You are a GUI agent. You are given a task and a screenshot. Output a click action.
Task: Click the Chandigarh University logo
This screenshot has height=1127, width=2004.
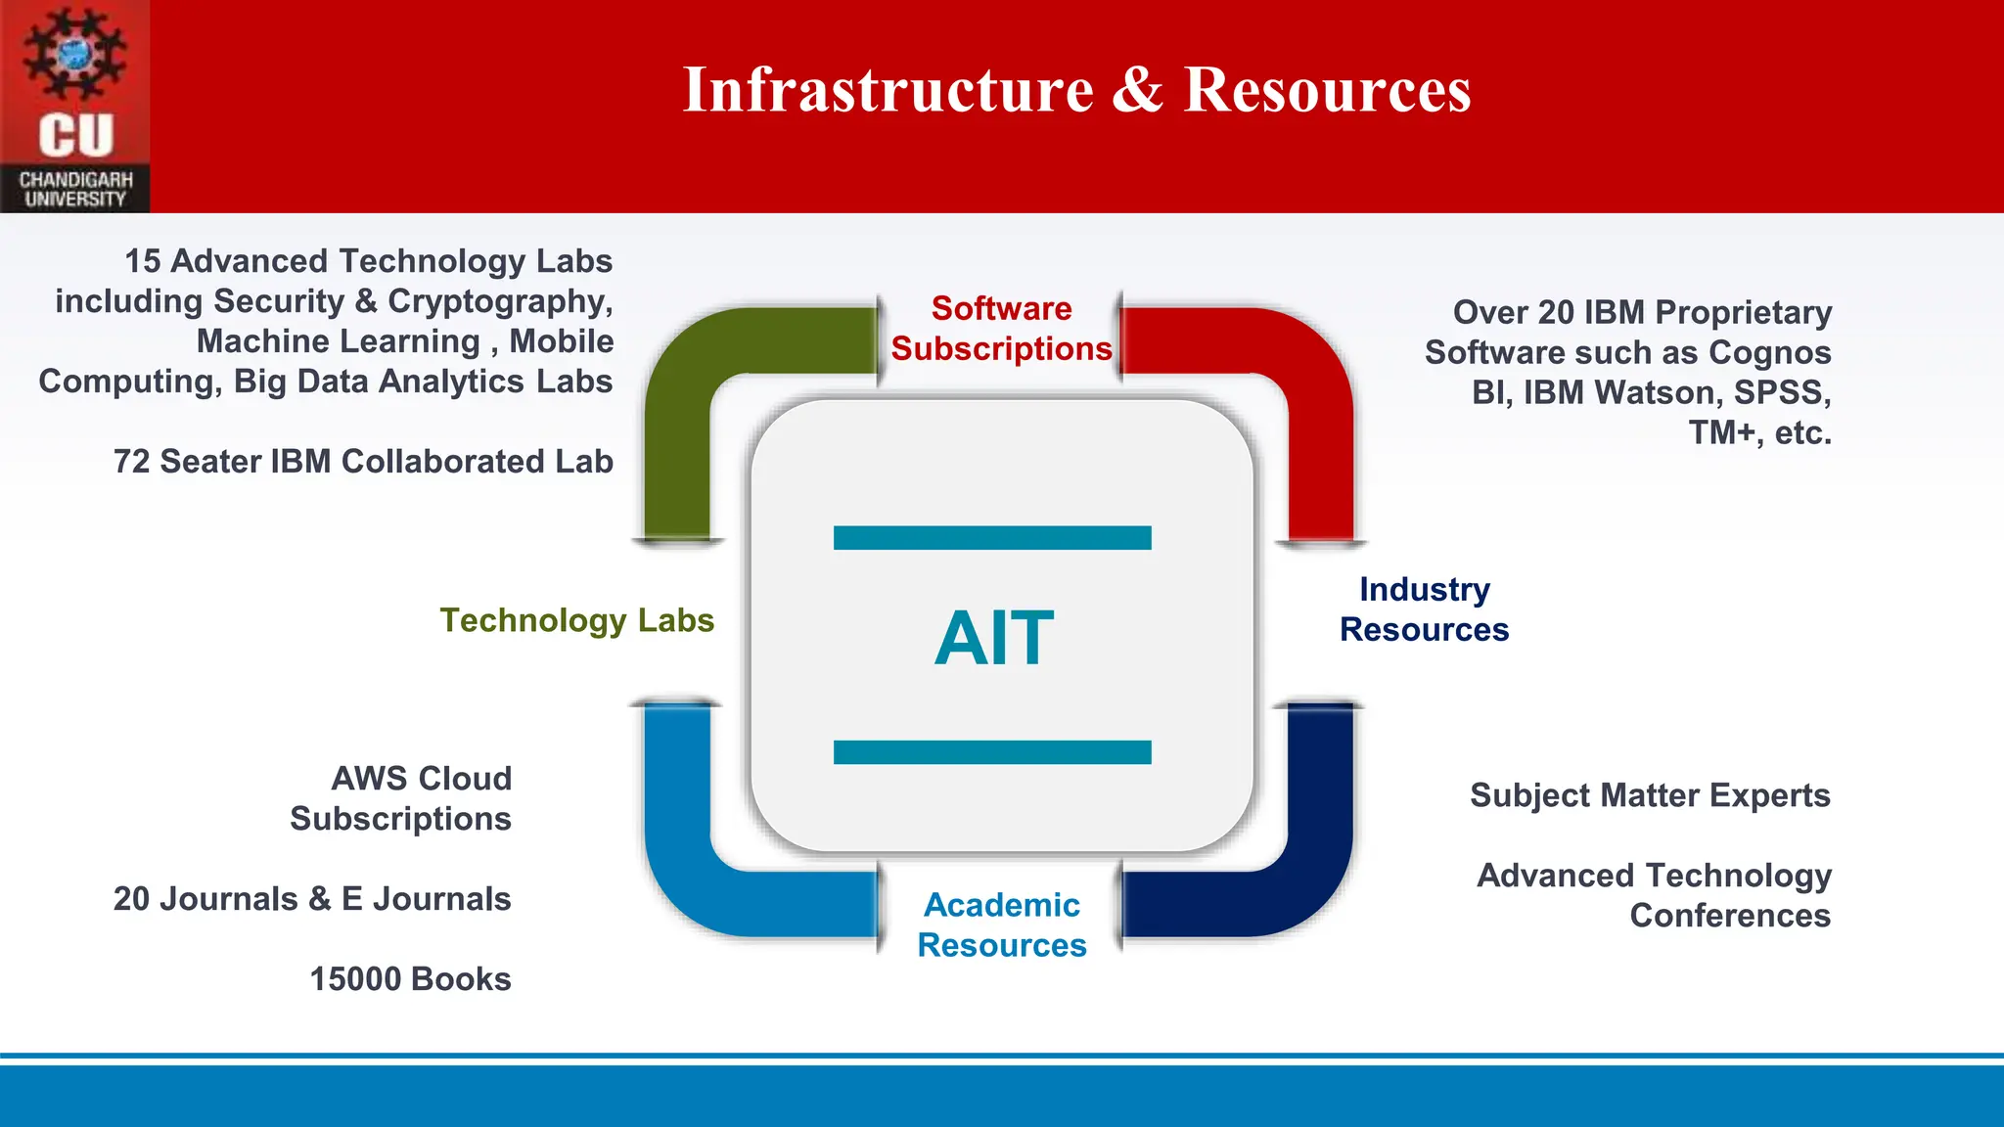tap(75, 106)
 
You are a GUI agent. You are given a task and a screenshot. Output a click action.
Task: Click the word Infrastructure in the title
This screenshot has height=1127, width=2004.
tap(888, 90)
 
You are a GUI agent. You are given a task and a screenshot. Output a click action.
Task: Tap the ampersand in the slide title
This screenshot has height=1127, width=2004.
tap(1138, 90)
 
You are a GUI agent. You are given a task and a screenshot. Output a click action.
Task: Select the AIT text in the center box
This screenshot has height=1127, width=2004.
tap(994, 639)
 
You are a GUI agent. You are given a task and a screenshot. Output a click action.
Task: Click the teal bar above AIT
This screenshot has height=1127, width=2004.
tap(992, 538)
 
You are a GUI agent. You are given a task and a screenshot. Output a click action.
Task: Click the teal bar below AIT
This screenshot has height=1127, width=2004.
tap(992, 752)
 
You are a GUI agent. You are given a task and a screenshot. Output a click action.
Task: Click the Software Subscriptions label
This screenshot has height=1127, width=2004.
tap(1001, 329)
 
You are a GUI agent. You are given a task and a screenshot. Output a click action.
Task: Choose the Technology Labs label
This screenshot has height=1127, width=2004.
tap(576, 620)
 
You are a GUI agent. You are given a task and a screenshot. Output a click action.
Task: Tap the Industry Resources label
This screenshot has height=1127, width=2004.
tap(1424, 609)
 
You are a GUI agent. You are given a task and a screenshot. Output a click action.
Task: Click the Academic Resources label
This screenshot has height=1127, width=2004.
tap(1002, 924)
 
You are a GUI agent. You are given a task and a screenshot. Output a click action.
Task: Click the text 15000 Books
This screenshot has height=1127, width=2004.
tap(410, 979)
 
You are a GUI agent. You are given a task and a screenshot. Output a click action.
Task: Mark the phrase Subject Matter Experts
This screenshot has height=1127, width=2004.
tap(1650, 795)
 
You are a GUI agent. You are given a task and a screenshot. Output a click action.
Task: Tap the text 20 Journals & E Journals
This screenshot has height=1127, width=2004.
tap(312, 899)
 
